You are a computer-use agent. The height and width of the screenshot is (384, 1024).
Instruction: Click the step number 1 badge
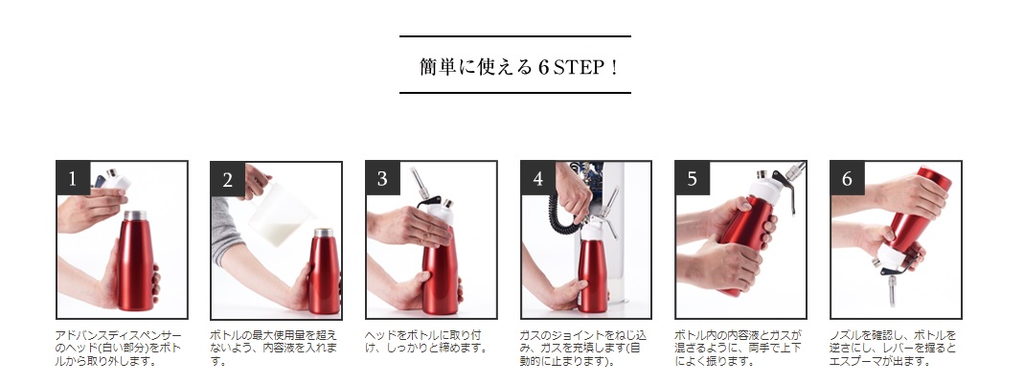[73, 178]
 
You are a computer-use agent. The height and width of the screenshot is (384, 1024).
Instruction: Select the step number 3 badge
[383, 178]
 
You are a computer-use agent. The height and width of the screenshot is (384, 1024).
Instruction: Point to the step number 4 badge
[538, 178]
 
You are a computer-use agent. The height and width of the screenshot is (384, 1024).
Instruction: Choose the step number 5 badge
[693, 178]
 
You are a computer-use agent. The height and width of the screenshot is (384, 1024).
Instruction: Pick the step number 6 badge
[848, 178]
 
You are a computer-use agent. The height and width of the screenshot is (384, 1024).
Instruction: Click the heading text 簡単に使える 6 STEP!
[518, 67]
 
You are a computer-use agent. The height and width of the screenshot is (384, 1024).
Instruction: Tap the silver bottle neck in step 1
[135, 215]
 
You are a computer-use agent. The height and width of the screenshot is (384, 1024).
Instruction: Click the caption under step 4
[583, 348]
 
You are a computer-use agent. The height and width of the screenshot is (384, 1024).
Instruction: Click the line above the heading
[515, 36]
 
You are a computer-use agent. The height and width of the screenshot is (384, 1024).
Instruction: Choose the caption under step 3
[426, 342]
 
